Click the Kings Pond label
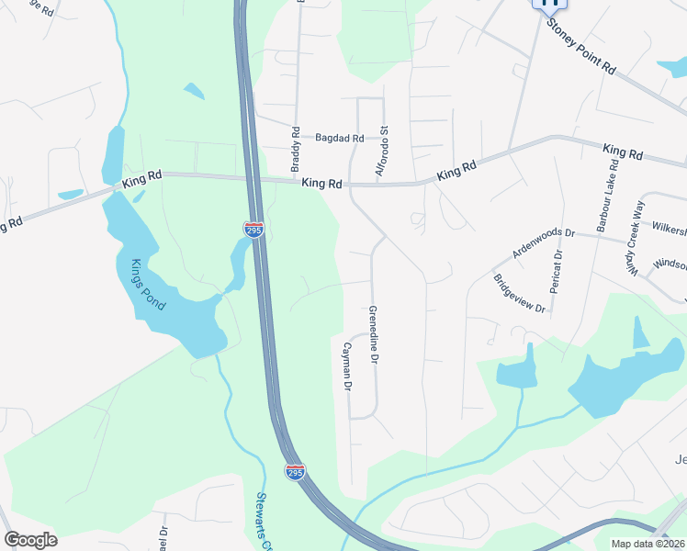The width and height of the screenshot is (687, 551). [148, 284]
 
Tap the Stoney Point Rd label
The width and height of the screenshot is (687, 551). [581, 48]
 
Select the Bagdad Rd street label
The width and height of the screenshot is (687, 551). [340, 138]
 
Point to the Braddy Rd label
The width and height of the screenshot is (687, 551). [296, 150]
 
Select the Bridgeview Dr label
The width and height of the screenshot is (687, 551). [519, 294]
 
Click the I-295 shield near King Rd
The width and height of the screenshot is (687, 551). [253, 229]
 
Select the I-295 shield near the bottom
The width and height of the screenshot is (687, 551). [295, 472]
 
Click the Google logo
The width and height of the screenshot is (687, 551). [31, 540]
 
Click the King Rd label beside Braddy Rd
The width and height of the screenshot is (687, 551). [321, 184]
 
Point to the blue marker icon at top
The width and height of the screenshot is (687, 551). [549, 3]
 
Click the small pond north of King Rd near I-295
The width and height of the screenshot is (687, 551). [194, 91]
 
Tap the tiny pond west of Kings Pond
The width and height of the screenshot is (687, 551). [71, 195]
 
